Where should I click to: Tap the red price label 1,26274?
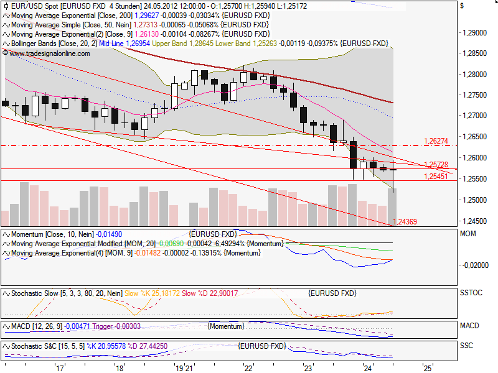436,140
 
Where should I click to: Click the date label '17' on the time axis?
60,368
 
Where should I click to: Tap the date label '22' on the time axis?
248,368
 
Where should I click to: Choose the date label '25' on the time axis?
427,368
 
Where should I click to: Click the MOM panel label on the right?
468,234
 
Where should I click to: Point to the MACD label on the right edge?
469,326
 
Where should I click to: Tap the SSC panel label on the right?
466,346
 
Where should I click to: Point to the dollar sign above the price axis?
461,6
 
